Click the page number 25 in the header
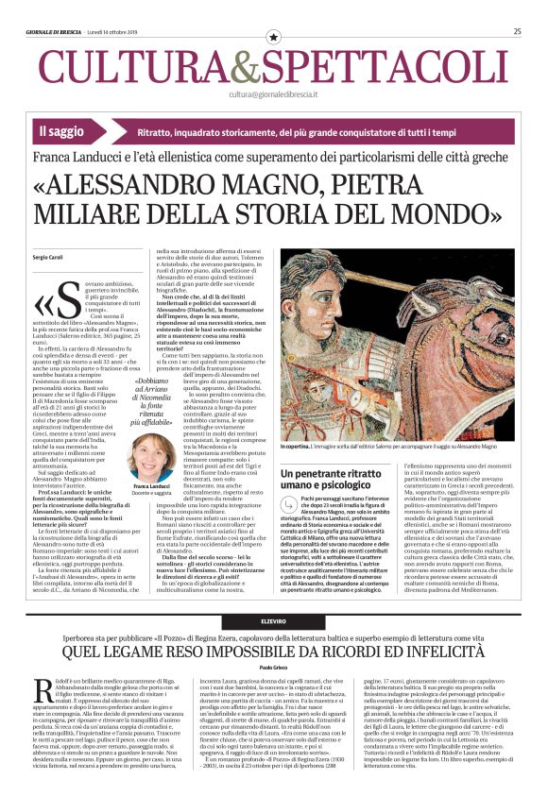pos(518,31)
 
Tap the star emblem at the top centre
pos(274,36)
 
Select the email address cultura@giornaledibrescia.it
pos(273,94)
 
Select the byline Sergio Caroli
pos(45,256)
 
